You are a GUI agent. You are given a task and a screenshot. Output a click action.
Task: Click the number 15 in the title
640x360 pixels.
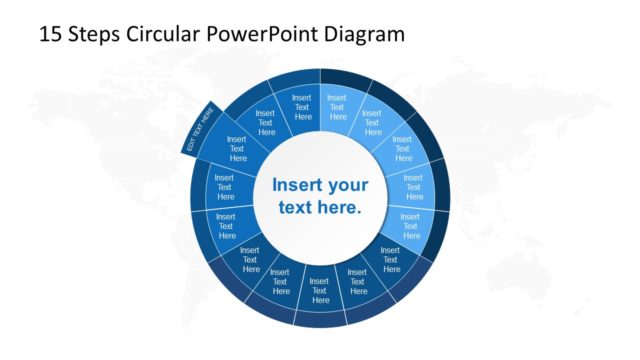50,34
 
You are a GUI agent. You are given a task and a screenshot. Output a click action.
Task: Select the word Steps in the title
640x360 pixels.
95,34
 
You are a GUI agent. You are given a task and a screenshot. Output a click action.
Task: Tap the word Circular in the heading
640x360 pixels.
165,34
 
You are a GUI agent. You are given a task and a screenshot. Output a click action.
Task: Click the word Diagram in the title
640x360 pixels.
364,34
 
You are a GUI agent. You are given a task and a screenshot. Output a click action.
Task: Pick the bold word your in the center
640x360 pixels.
347,186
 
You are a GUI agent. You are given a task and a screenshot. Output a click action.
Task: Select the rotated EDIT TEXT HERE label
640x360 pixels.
201,130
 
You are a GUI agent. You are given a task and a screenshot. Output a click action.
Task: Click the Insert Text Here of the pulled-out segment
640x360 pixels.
237,148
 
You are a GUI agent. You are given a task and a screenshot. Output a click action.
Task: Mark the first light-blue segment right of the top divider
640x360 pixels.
337,106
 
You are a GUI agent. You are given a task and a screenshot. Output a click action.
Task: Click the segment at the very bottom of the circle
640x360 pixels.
320,291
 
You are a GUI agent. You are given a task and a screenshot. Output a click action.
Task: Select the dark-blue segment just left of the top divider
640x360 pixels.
302,106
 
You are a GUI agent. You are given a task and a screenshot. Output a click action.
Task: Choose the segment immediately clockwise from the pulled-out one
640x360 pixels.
266,123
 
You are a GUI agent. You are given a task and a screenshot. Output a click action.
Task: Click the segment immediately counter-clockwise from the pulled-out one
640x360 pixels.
224,186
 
